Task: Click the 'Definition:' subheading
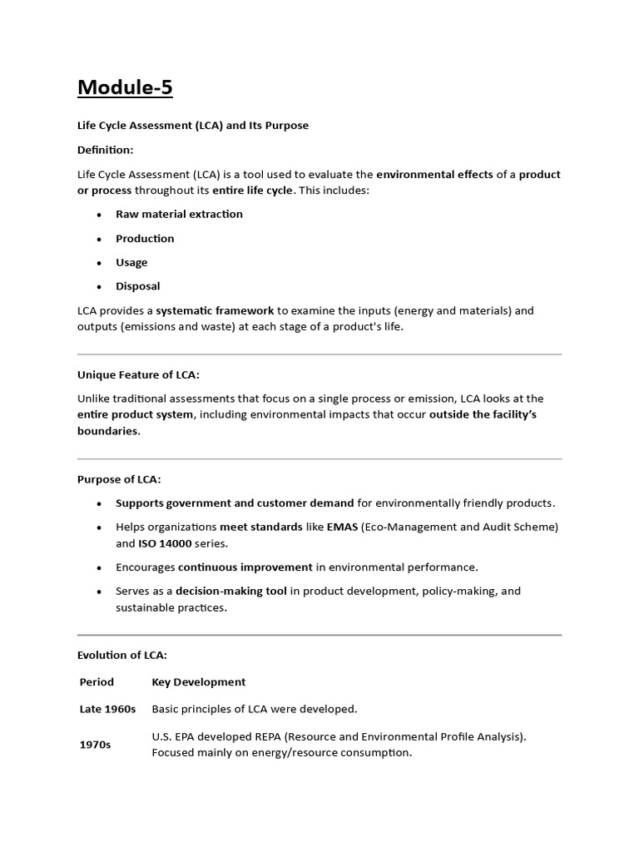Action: [105, 150]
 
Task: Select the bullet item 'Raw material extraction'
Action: [179, 214]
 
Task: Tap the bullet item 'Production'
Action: [145, 238]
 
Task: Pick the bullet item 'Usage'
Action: [131, 262]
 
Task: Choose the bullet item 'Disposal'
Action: [137, 286]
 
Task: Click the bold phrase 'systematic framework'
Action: [215, 310]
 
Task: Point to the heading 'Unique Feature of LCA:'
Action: [138, 374]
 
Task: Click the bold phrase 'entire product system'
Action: [135, 414]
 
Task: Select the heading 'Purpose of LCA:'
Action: [119, 479]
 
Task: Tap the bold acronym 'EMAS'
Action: [342, 527]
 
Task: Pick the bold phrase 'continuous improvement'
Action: [245, 567]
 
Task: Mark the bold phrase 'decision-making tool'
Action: [231, 591]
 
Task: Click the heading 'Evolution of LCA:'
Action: [122, 656]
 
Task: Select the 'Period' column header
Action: [97, 681]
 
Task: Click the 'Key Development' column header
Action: [198, 681]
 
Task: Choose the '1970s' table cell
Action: [95, 745]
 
